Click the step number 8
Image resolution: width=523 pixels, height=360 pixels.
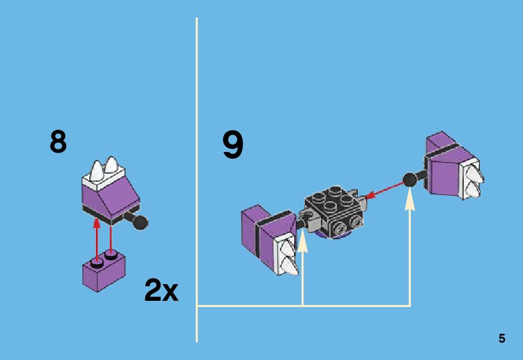[x=58, y=142]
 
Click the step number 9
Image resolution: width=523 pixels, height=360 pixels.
[x=233, y=145]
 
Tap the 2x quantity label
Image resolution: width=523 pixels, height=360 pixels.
[x=161, y=290]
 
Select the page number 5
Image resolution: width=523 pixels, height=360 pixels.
[x=502, y=339]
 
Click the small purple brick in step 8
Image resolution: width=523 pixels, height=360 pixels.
[x=103, y=273]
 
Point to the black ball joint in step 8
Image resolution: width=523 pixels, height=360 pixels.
[x=141, y=221]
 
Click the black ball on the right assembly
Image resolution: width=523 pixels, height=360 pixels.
[x=410, y=180]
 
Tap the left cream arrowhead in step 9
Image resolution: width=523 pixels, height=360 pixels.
[x=302, y=240]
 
